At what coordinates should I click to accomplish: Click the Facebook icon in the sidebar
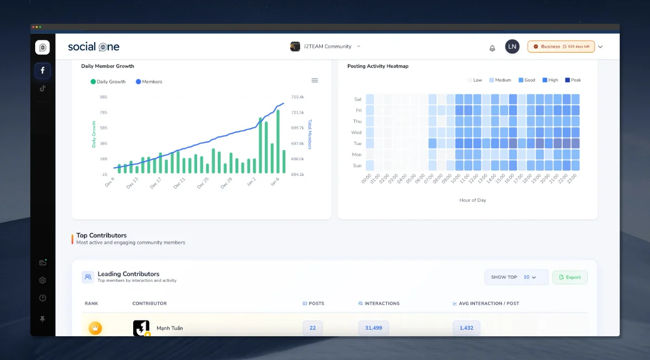pyautogui.click(x=43, y=70)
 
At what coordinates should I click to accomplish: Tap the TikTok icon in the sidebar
pyautogui.click(x=43, y=88)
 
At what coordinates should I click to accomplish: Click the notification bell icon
pyautogui.click(x=492, y=48)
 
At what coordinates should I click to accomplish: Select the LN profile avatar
pyautogui.click(x=512, y=47)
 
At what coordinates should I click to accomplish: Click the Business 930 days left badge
pyautogui.click(x=561, y=47)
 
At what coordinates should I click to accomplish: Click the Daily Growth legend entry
pyautogui.click(x=108, y=82)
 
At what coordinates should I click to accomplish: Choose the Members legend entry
pyautogui.click(x=149, y=82)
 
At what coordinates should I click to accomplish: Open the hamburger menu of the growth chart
pyautogui.click(x=315, y=80)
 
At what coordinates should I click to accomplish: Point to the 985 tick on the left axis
pyautogui.click(x=103, y=97)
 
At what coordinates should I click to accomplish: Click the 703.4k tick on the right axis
pyautogui.click(x=297, y=97)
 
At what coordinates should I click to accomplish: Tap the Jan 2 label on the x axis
pyautogui.click(x=251, y=182)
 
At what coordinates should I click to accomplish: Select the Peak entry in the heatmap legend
pyautogui.click(x=573, y=80)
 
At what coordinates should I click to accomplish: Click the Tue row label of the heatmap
pyautogui.click(x=357, y=143)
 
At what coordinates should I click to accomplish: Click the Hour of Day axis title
pyautogui.click(x=472, y=200)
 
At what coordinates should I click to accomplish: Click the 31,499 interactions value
pyautogui.click(x=374, y=328)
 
